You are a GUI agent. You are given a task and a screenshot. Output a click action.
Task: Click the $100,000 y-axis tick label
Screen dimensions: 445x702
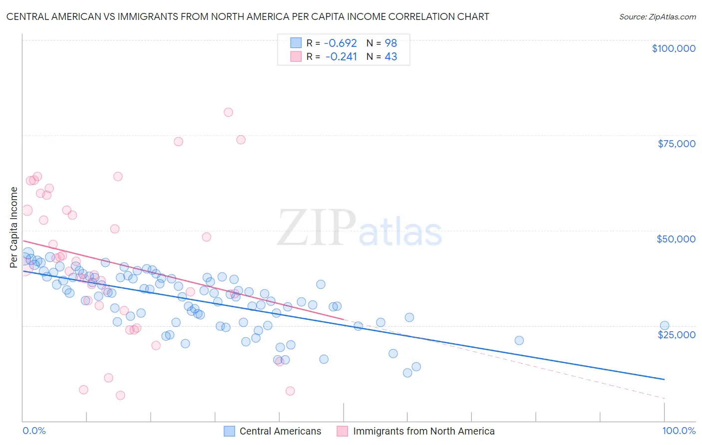(673, 48)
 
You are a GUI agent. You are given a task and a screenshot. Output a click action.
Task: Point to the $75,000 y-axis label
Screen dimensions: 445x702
(676, 144)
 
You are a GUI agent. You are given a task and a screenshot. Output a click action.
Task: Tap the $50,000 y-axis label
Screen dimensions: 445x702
(676, 239)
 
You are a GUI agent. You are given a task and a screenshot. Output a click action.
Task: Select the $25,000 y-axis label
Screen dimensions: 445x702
(676, 334)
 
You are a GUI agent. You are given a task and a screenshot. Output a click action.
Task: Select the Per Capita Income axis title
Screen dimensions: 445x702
(14, 227)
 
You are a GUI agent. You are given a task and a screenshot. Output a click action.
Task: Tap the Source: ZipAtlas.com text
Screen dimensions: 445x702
(657, 16)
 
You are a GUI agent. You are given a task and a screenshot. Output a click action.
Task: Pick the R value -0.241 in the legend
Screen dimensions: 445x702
(342, 57)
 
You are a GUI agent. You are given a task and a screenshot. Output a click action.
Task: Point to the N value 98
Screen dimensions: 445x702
(390, 43)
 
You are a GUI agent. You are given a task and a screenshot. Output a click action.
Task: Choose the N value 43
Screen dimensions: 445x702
(390, 57)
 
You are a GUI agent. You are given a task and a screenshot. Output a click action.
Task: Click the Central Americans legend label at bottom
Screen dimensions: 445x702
(280, 432)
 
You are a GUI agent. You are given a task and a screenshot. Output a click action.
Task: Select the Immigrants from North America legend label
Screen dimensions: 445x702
(423, 432)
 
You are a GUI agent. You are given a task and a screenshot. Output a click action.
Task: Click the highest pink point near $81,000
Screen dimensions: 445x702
(228, 112)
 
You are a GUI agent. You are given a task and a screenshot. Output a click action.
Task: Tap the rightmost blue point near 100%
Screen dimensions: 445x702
(664, 325)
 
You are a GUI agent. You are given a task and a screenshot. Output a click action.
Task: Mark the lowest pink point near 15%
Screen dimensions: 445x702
(120, 395)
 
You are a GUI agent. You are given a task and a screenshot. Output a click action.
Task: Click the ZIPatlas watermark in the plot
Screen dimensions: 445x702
(359, 228)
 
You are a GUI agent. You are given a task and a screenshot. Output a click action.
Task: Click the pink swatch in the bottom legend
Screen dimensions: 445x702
(342, 432)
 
